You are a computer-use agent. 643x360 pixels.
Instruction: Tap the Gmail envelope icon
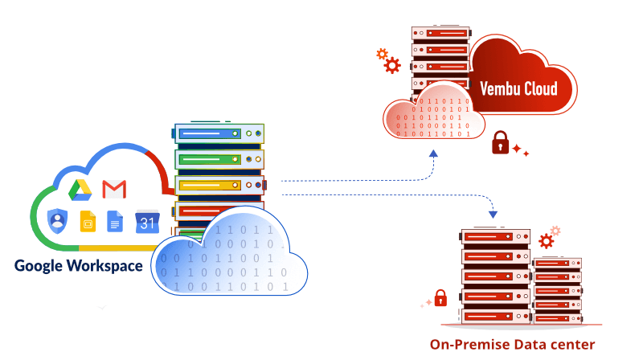(115, 190)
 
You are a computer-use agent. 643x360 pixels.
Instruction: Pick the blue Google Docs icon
(116, 221)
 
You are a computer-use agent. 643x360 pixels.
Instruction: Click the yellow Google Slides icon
(87, 221)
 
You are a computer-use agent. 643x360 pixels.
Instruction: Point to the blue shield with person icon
(57, 219)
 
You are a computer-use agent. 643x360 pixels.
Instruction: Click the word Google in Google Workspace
(41, 265)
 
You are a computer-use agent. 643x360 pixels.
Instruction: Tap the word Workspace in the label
(108, 265)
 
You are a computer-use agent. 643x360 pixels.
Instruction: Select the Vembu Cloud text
(518, 88)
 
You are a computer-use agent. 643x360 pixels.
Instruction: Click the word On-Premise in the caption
(465, 344)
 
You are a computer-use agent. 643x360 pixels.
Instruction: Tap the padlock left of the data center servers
(440, 297)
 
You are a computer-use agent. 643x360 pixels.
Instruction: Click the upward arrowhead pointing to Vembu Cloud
(433, 152)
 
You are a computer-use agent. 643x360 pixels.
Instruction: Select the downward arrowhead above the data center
(493, 215)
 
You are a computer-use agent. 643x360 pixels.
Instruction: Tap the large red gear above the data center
(547, 241)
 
